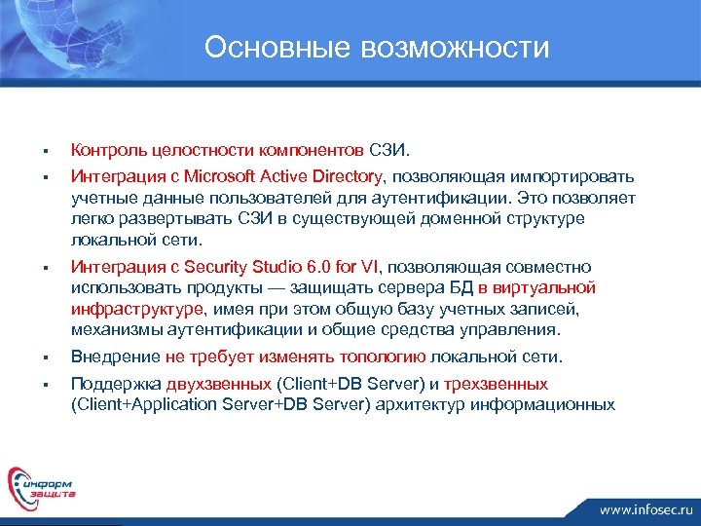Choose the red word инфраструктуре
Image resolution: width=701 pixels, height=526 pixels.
click(x=137, y=309)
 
